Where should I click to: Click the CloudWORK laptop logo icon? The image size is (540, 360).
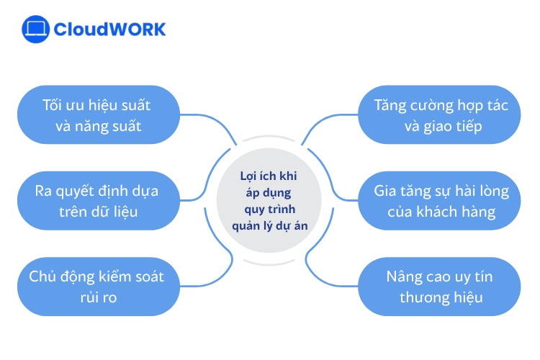tap(35, 30)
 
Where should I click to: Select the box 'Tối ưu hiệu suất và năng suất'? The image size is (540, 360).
tap(96, 115)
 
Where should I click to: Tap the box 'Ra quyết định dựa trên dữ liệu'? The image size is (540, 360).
tap(96, 201)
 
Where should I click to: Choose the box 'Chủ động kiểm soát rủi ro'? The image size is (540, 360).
tap(96, 287)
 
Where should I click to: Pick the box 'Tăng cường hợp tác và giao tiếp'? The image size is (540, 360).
tap(441, 115)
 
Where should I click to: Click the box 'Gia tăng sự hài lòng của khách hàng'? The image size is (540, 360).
tap(441, 201)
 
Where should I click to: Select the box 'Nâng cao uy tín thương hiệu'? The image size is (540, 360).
tap(441, 287)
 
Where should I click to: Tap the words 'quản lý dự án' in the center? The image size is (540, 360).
tap(270, 224)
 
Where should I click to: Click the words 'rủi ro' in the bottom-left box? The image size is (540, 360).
tap(96, 297)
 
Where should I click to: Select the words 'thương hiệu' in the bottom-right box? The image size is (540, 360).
tap(441, 297)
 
